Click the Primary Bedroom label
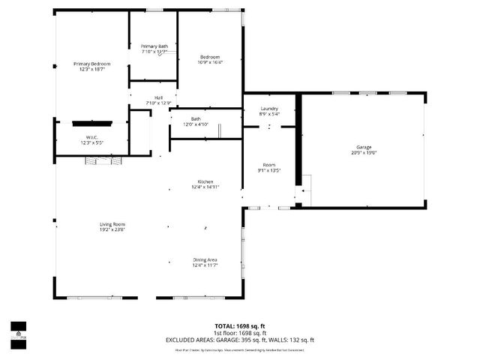tap(91, 64)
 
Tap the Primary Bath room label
tap(154, 46)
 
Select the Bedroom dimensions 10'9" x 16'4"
tap(210, 62)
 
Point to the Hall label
tap(158, 97)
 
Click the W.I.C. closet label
tap(92, 136)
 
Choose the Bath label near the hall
tap(196, 118)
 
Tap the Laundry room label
tap(269, 109)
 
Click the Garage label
tap(364, 146)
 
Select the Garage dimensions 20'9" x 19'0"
tap(364, 152)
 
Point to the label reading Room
tap(269, 164)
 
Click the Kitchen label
tap(205, 182)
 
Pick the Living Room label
tap(112, 224)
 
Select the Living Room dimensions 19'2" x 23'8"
tap(112, 230)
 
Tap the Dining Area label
tap(205, 259)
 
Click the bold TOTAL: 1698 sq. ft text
tap(240, 326)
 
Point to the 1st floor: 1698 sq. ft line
tap(240, 333)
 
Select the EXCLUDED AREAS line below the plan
tap(240, 340)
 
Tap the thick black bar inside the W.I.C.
tap(92, 123)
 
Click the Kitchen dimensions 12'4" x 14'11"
tap(205, 188)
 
